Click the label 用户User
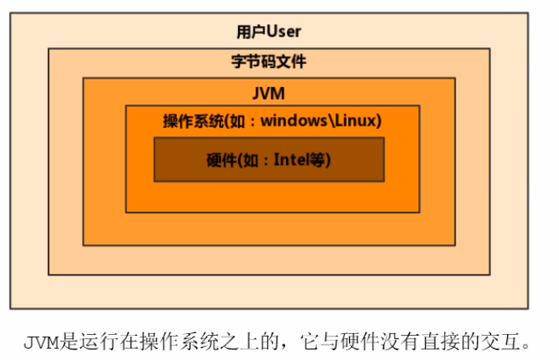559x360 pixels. tap(269, 32)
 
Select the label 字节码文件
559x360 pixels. tap(269, 62)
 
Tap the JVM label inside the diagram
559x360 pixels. tap(269, 93)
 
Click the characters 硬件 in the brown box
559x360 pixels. tap(220, 160)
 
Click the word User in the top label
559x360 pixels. tap(284, 32)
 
